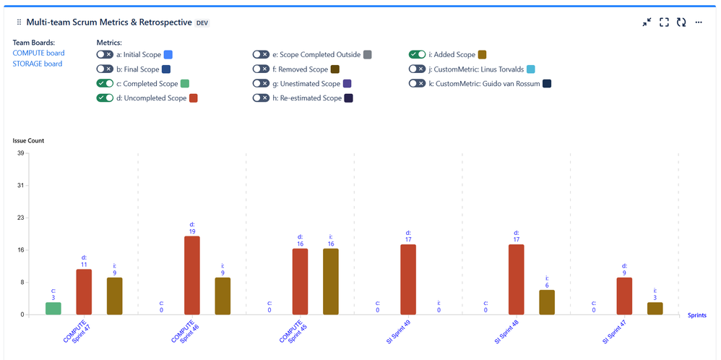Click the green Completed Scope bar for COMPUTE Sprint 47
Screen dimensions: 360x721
pyautogui.click(x=53, y=309)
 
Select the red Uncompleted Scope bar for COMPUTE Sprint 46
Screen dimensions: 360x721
pyautogui.click(x=192, y=275)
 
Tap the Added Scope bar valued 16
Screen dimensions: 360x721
pyautogui.click(x=330, y=281)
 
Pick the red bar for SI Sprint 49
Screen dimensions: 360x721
pyautogui.click(x=408, y=279)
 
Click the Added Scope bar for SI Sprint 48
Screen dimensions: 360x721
pyautogui.click(x=547, y=302)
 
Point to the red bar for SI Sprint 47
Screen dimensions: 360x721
pyautogui.click(x=625, y=296)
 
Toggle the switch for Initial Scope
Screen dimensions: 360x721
pyautogui.click(x=105, y=54)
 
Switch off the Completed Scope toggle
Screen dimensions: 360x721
pyautogui.click(x=105, y=84)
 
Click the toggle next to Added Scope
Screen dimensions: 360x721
pyautogui.click(x=417, y=54)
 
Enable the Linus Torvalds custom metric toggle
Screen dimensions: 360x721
pyautogui.click(x=417, y=69)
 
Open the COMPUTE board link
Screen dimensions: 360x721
pyautogui.click(x=38, y=53)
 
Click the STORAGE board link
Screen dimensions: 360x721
pyautogui.click(x=38, y=64)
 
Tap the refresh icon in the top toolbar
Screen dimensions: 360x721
pyautogui.click(x=681, y=22)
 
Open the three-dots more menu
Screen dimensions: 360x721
pyautogui.click(x=699, y=22)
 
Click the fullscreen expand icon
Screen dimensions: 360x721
pyautogui.click(x=664, y=22)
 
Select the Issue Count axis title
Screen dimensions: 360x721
pyautogui.click(x=29, y=140)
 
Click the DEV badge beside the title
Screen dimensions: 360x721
pyautogui.click(x=202, y=23)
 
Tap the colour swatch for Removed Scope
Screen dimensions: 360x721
pyautogui.click(x=335, y=69)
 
